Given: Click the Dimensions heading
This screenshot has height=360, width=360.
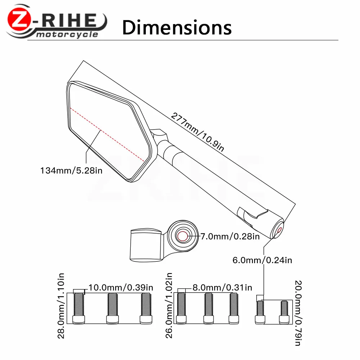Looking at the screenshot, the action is pos(177,28).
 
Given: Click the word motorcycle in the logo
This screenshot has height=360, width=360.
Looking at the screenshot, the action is pos(67,35).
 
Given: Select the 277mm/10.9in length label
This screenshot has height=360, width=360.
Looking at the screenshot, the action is pos(197,132).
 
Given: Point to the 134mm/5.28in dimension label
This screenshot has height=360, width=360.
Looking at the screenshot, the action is pos(71,171).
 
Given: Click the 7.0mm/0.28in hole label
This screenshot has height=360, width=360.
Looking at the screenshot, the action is pos(230,236).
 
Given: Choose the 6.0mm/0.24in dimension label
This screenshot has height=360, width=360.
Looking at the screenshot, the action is pos(262,260).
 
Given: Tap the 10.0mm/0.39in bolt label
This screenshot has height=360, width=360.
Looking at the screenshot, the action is pos(121,287).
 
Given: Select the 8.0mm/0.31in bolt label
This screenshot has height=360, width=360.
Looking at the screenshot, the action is pos(222,287).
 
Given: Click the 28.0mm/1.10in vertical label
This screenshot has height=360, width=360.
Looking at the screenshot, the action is pos(61,306).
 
